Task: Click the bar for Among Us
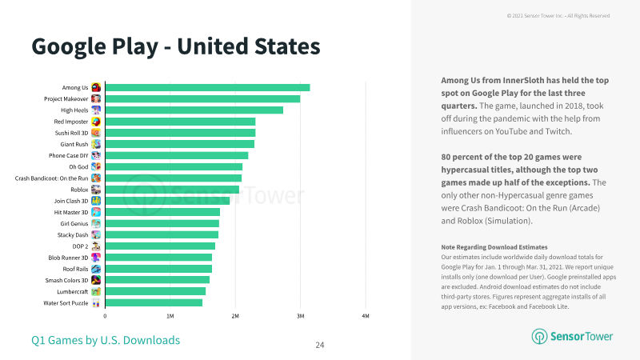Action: (207, 87)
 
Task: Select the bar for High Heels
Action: (194, 110)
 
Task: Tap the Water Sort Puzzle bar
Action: (154, 303)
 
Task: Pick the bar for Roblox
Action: (172, 190)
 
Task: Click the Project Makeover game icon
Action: (96, 98)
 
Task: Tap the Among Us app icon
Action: (96, 87)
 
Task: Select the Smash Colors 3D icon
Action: (96, 280)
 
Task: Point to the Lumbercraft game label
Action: (72, 291)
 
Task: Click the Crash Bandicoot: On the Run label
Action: (51, 178)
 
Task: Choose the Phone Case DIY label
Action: (68, 155)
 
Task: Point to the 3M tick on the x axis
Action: (301, 316)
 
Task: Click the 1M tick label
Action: (170, 316)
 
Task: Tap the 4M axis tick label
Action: (366, 316)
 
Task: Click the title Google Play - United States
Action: (176, 46)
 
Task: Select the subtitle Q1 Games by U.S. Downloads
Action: (106, 340)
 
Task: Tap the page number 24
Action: (320, 345)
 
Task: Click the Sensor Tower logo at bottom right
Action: (572, 336)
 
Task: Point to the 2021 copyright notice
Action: (558, 15)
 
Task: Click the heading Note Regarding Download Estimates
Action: (494, 247)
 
